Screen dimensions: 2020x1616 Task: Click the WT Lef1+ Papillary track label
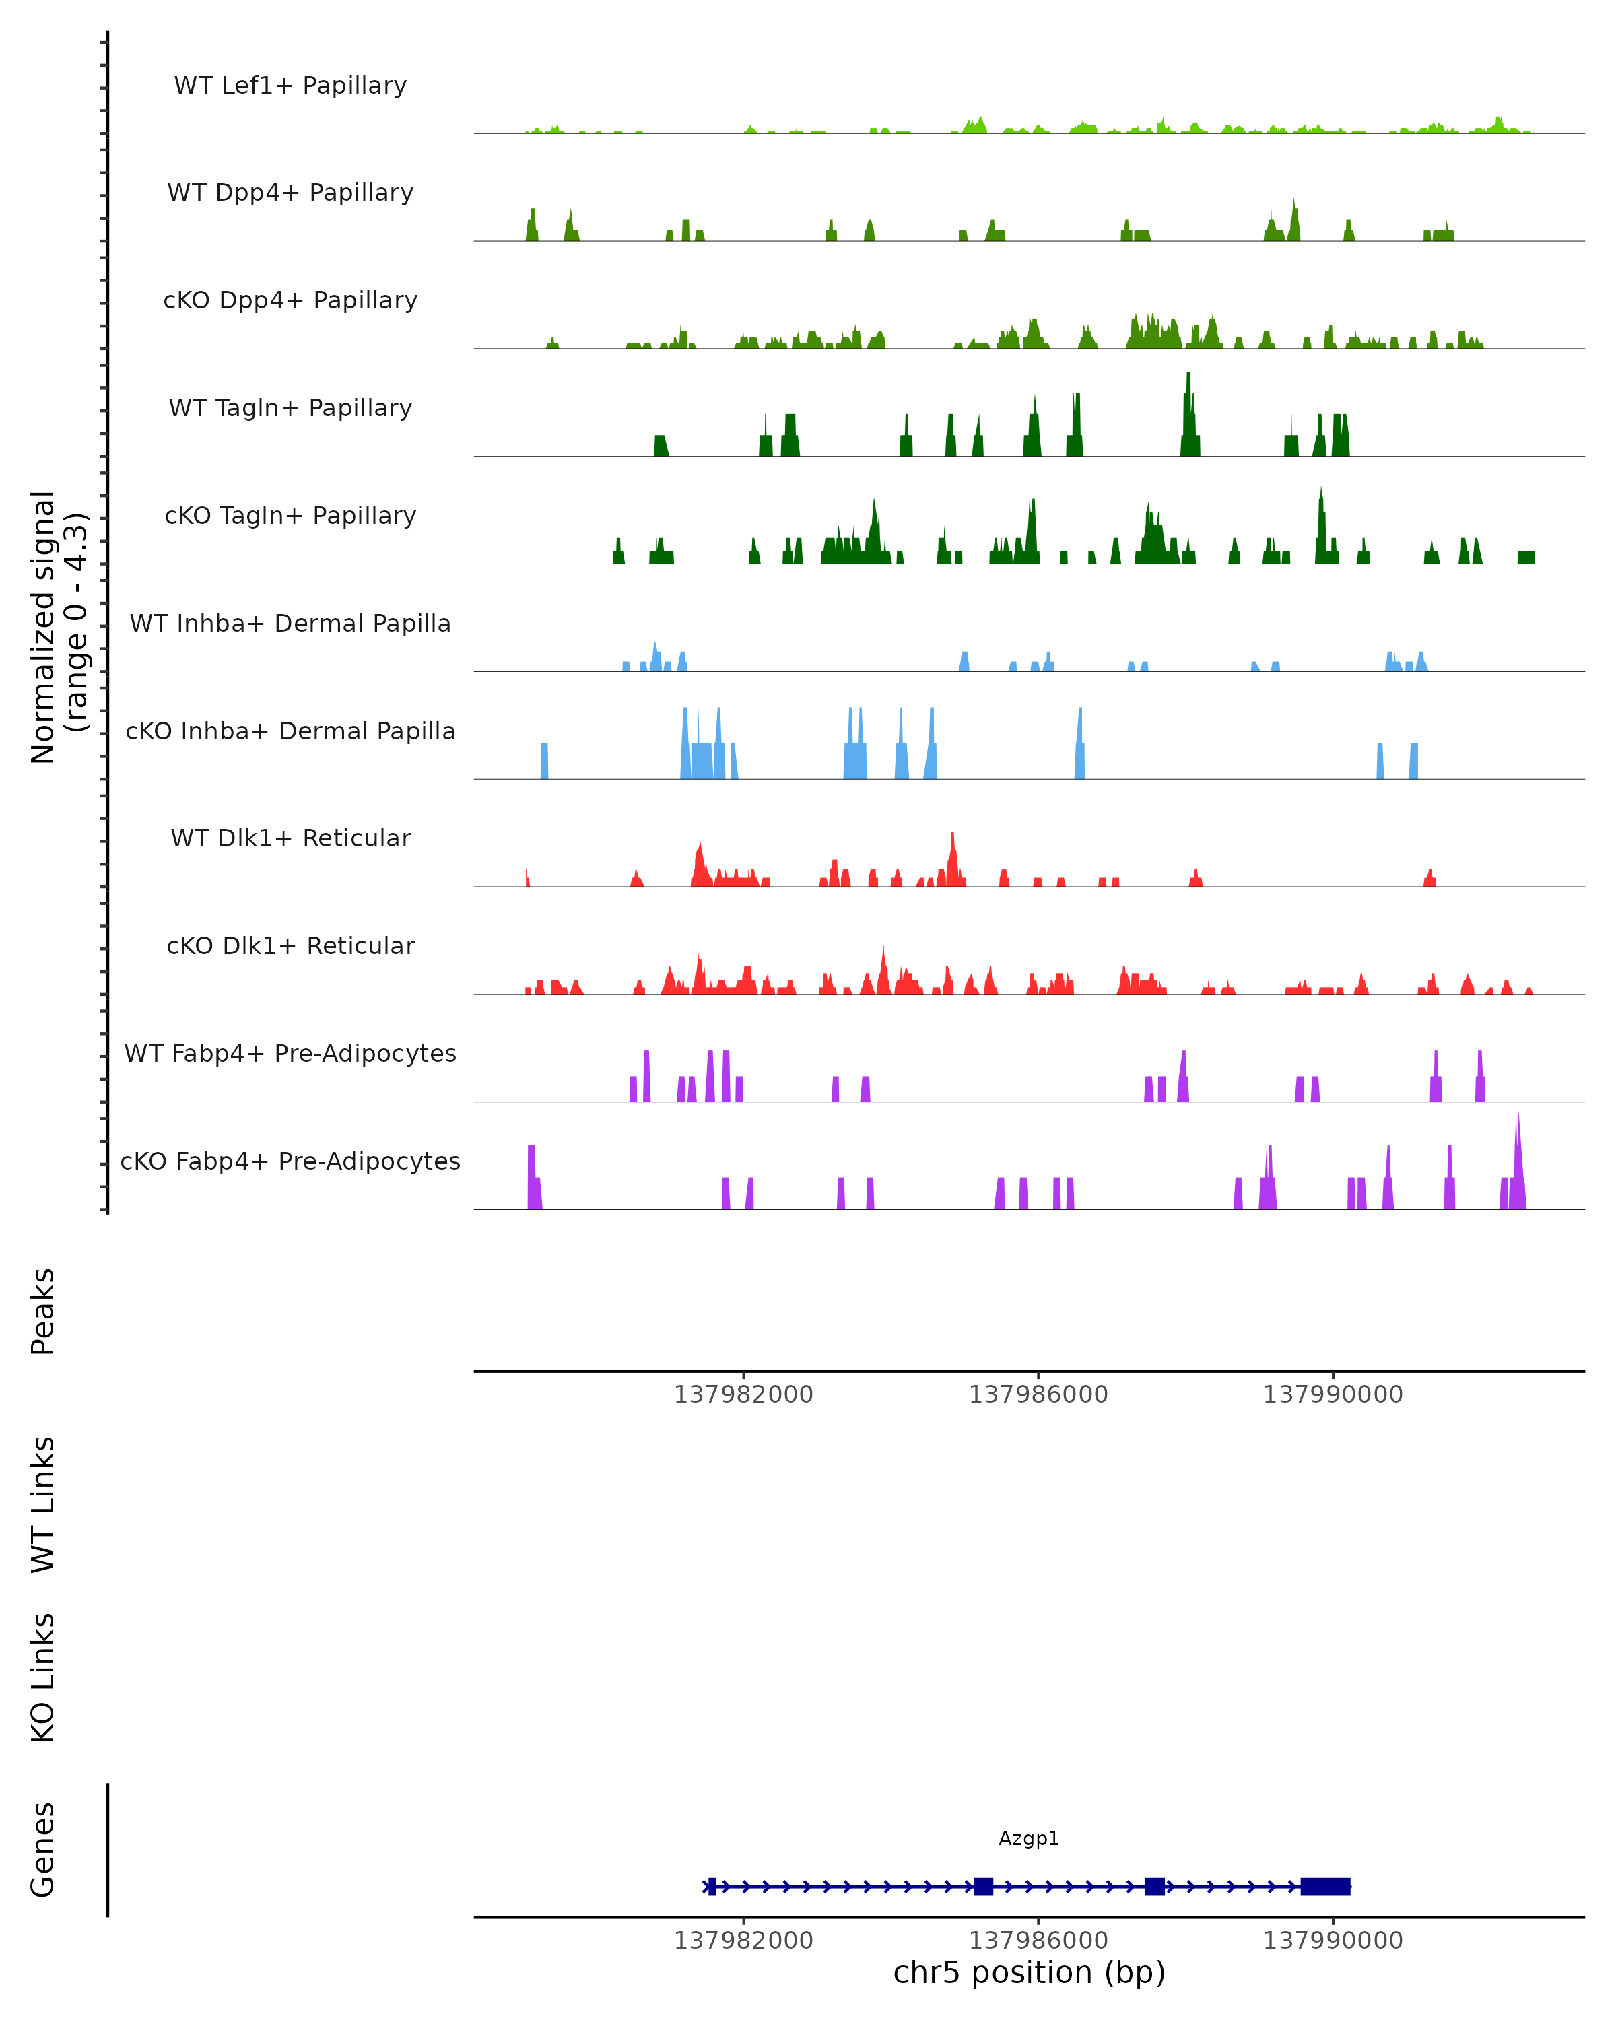pos(290,86)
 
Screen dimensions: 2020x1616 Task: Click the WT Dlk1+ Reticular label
pos(290,838)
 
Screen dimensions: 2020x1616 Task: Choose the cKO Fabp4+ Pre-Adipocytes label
pos(290,1161)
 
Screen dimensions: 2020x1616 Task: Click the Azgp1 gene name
pos(1029,1838)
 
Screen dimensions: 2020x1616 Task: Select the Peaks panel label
pos(43,1311)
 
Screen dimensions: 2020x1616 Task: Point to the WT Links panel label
pos(43,1504)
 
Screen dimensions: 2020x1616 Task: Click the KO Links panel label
pos(43,1677)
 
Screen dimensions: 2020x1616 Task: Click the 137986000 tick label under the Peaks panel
pos(1038,1394)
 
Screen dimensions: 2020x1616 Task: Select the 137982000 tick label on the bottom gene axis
pos(744,1941)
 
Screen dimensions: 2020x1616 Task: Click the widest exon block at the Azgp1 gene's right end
pos(1326,1886)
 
